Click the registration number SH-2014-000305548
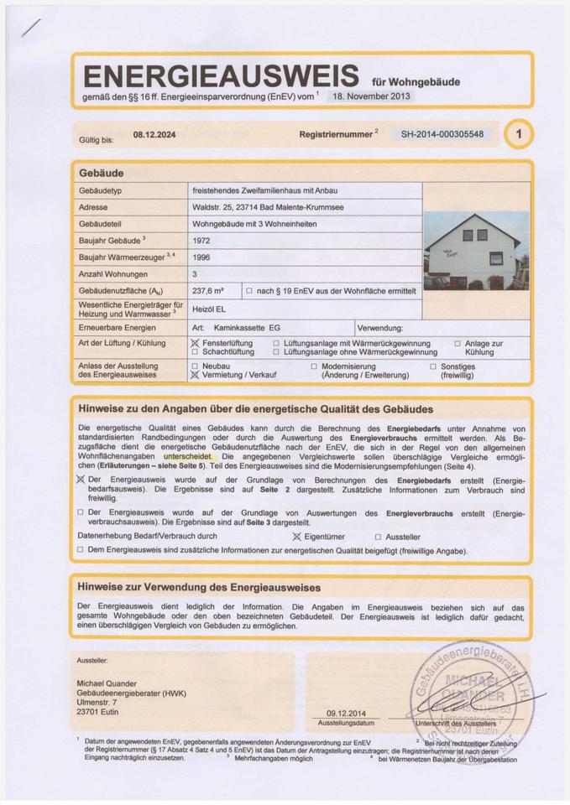442,134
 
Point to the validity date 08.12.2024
154,134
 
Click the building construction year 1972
202,240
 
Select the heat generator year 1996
202,257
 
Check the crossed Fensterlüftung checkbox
196,344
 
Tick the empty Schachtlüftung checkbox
196,353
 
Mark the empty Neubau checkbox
196,366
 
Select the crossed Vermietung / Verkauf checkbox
196,376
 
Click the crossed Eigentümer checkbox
296,537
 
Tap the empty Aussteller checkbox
378,537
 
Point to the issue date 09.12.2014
346,714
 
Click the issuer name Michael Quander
107,684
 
